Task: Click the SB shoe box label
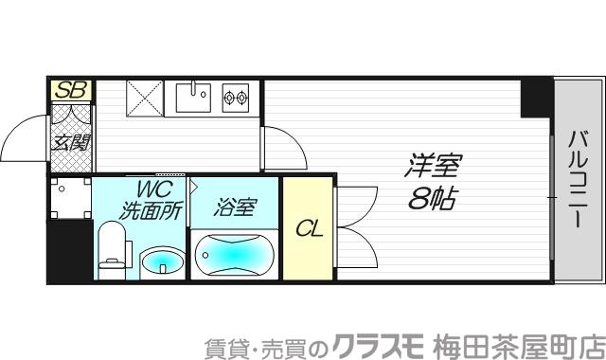click(71, 91)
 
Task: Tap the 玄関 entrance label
click(71, 144)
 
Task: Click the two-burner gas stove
click(235, 96)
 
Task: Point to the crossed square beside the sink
click(146, 99)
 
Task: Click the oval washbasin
click(162, 261)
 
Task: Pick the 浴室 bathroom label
click(234, 206)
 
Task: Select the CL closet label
click(307, 228)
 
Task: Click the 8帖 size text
click(435, 200)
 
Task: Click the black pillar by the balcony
click(536, 98)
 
